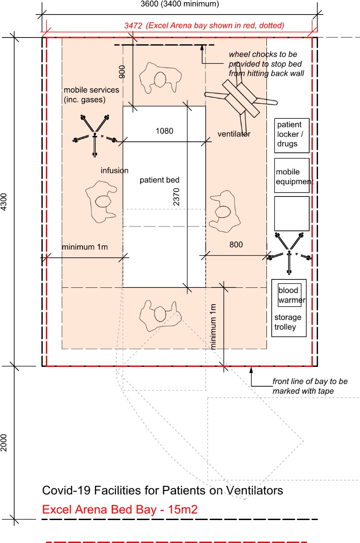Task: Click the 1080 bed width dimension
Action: tap(164, 131)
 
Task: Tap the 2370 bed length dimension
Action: tap(176, 197)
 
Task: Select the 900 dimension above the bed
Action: tap(122, 72)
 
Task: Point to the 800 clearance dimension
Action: tap(236, 245)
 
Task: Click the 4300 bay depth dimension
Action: tap(4, 202)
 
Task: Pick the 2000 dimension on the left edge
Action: tap(4, 443)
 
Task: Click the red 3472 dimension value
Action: tap(133, 26)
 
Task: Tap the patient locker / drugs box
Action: tap(292, 136)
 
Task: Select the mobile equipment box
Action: tap(292, 176)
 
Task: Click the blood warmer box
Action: tap(289, 295)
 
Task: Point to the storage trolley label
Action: tap(288, 322)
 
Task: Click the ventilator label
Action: tap(234, 134)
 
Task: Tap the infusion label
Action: tap(115, 170)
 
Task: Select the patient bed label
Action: tap(159, 180)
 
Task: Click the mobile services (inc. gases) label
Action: tap(91, 95)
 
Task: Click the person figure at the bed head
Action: tap(160, 78)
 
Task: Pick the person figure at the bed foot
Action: tap(160, 316)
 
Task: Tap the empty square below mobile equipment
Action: tap(292, 214)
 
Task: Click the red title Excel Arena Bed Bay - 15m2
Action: tap(120, 509)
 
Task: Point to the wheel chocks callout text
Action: tap(266, 64)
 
